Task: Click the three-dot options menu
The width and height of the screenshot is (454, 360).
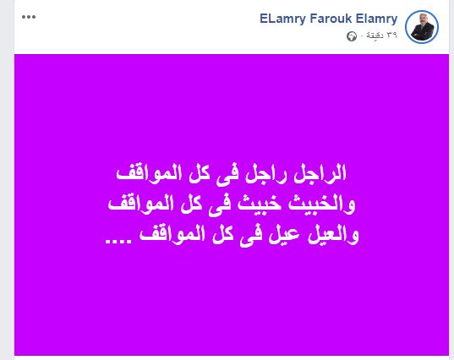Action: tap(29, 17)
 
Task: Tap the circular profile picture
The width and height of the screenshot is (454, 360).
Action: tap(422, 27)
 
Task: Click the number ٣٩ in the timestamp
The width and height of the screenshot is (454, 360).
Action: tap(391, 35)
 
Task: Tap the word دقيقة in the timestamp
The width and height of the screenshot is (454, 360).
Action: tap(375, 35)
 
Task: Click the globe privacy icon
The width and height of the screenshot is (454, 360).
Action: tap(352, 36)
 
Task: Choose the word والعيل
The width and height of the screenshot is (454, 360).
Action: tap(333, 235)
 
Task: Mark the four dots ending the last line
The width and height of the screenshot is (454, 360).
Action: tap(118, 241)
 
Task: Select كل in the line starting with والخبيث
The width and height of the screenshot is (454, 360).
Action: tap(192, 205)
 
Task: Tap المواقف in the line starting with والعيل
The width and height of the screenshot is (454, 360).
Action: tap(172, 234)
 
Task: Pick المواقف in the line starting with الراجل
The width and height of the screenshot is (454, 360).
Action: tap(149, 173)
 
